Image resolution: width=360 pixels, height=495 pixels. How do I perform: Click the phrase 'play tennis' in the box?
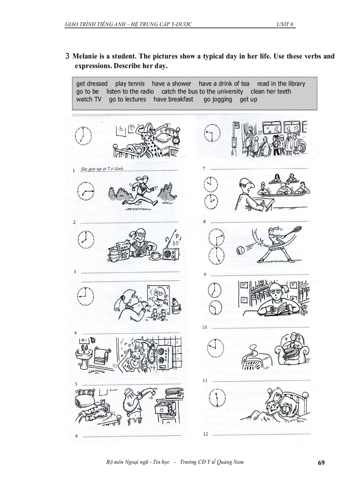[127, 84]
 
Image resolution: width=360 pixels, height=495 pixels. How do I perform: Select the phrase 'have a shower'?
[172, 84]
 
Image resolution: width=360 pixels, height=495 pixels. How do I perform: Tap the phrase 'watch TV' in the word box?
[89, 100]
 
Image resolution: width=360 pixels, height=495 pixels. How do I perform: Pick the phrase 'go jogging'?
[217, 100]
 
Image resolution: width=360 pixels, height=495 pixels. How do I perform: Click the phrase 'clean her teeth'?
[271, 92]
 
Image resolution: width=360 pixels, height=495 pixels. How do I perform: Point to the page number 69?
[321, 463]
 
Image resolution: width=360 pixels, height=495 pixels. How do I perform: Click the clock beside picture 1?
[83, 135]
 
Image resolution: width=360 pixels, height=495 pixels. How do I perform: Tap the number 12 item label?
[205, 434]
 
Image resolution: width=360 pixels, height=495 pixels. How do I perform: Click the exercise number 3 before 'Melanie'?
[67, 56]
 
